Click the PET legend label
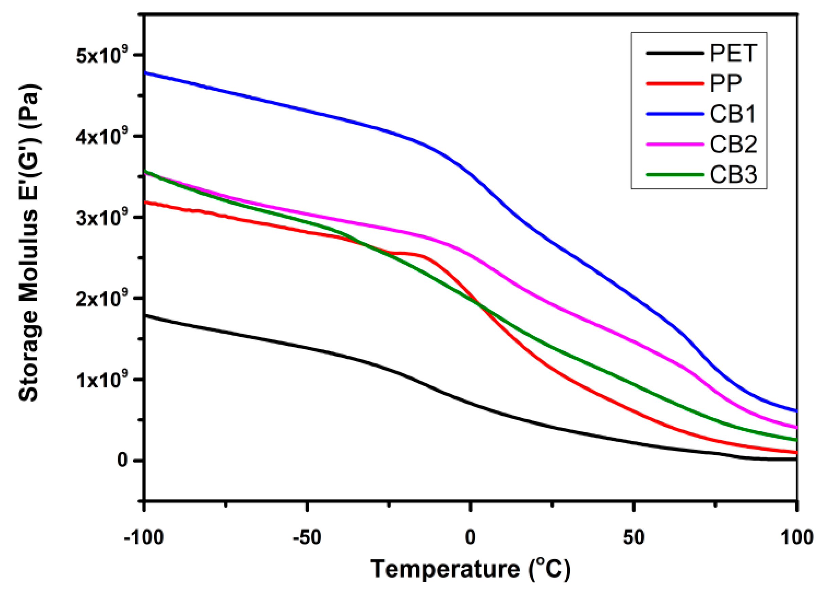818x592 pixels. pos(733,53)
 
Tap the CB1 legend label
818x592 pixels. pos(733,114)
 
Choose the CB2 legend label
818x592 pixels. pos(733,144)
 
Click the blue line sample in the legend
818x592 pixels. pos(675,114)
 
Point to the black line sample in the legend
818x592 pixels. pos(675,53)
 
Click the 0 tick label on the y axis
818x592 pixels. pos(123,461)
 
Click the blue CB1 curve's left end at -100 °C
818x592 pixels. pos(145,72)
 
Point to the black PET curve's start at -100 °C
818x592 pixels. pos(145,315)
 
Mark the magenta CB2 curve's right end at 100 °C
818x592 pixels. pos(796,427)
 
